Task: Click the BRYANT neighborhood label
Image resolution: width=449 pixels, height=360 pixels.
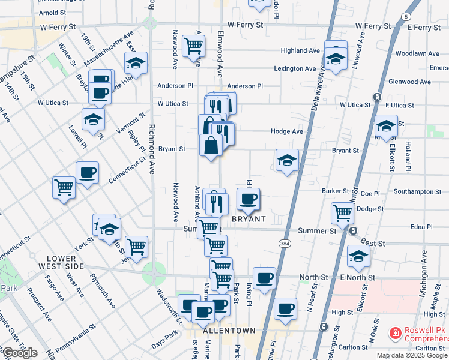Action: [249, 220]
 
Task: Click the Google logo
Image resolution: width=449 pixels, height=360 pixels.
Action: [19, 353]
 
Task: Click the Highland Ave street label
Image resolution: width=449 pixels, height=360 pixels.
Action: [300, 51]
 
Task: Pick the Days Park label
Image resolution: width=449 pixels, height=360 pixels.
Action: [164, 344]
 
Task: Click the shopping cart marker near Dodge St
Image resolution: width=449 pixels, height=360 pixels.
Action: [342, 212]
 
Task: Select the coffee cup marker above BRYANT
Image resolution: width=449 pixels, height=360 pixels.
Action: [249, 199]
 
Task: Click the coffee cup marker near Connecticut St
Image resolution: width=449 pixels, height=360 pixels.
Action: [88, 173]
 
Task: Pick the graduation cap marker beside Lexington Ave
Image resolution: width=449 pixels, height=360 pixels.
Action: [335, 59]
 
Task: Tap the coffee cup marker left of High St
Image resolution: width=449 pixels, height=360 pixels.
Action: [286, 309]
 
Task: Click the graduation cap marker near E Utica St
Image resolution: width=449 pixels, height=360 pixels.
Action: [386, 126]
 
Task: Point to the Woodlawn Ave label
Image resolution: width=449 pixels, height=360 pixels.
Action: [418, 53]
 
